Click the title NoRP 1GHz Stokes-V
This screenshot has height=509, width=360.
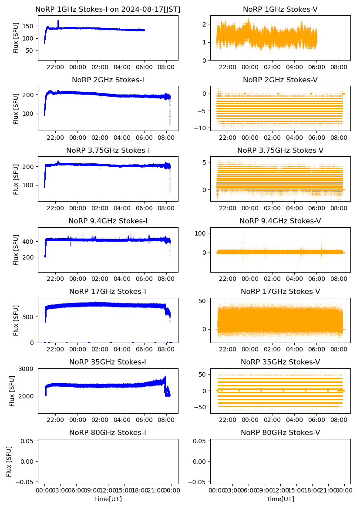tap(280, 9)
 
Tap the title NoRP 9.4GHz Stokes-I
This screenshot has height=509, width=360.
tap(108, 221)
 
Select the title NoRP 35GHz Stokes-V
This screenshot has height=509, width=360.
tap(280, 362)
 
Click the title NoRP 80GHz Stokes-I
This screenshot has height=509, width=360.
tap(108, 432)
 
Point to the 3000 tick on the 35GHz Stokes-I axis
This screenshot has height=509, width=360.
tap(27, 369)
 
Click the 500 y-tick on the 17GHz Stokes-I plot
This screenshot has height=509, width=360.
tap(29, 317)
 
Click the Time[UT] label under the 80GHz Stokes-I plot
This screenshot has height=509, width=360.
tap(108, 499)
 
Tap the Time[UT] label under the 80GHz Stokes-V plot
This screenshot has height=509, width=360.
tap(280, 499)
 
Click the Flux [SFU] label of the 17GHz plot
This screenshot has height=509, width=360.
tap(17, 320)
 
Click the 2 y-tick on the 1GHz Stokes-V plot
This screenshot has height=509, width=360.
tap(205, 24)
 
